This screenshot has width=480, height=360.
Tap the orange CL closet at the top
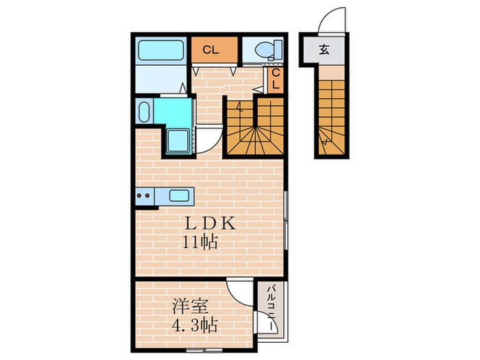coord(211,49)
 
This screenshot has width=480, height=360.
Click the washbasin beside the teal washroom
coord(144,112)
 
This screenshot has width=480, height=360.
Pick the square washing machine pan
coord(178,141)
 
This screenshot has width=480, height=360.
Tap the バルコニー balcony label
coord(272,309)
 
